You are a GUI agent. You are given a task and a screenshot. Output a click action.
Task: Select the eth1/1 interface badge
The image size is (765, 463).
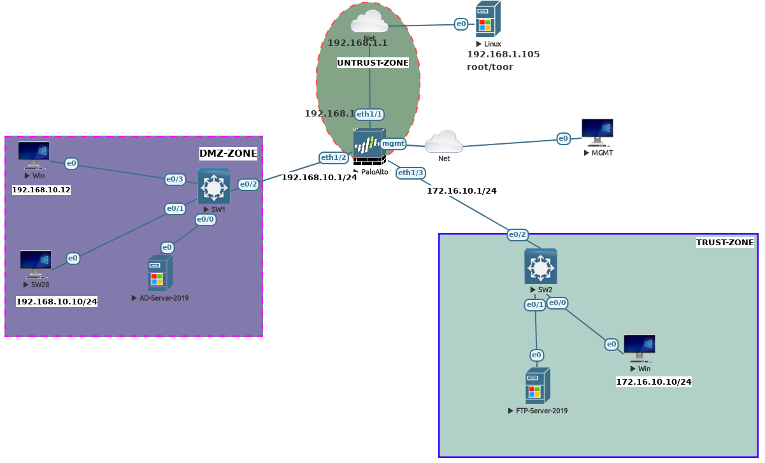point(369,115)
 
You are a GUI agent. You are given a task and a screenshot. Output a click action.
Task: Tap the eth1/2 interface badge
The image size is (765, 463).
point(334,157)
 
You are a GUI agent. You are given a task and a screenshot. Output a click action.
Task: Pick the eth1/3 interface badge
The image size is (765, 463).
point(411,173)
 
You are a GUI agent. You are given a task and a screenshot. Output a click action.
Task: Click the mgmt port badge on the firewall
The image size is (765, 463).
point(393,144)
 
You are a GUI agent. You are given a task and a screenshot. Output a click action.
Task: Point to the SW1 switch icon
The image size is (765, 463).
point(214,186)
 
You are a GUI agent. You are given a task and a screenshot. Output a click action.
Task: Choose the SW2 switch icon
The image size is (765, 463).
point(541,266)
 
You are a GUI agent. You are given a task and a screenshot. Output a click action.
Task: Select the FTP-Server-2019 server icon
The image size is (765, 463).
point(538,386)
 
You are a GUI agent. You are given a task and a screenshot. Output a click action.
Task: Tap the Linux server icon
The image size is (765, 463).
point(488,19)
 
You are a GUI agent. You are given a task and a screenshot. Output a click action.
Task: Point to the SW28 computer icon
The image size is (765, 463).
point(36,264)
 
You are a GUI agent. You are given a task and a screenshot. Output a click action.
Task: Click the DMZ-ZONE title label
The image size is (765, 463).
point(228,153)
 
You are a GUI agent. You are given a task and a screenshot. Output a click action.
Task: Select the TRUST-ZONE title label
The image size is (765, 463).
point(725,243)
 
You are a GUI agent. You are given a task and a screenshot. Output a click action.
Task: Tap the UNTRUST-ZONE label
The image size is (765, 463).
point(373,63)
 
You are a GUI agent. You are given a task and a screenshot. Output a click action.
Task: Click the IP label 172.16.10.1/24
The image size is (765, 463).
point(461,190)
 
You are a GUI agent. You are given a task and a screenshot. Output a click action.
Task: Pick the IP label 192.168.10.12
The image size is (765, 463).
point(41,190)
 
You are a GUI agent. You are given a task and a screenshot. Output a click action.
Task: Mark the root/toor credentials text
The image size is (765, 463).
point(490,67)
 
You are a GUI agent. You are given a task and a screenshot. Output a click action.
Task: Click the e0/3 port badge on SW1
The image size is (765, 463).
point(175,180)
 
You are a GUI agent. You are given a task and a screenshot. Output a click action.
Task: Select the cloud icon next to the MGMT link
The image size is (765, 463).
point(444,142)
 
